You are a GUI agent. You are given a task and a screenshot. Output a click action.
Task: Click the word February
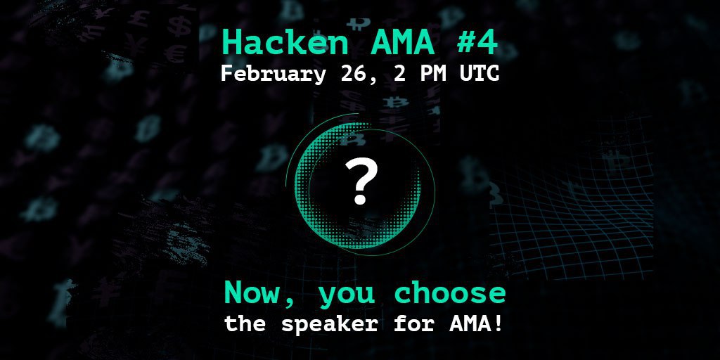(x=273, y=75)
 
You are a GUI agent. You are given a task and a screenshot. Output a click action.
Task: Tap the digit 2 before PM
(x=399, y=75)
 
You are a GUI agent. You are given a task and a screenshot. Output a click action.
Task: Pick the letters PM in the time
(x=433, y=75)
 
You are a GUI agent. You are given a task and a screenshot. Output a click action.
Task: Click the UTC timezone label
(x=480, y=75)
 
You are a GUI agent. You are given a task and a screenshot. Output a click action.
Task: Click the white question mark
(x=361, y=182)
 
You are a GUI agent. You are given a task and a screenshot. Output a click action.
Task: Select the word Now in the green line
(x=252, y=292)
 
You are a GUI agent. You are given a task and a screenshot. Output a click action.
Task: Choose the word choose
(x=450, y=292)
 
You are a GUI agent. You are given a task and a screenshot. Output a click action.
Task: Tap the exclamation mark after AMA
(x=497, y=324)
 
